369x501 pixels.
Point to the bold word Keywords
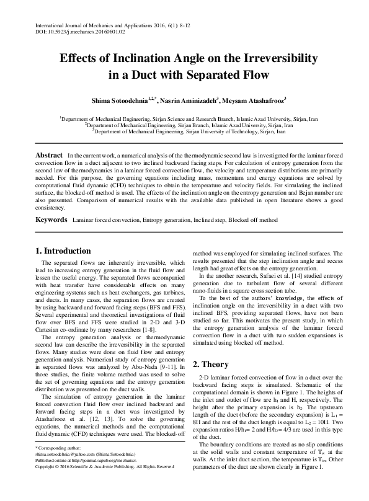[x=51, y=219]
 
